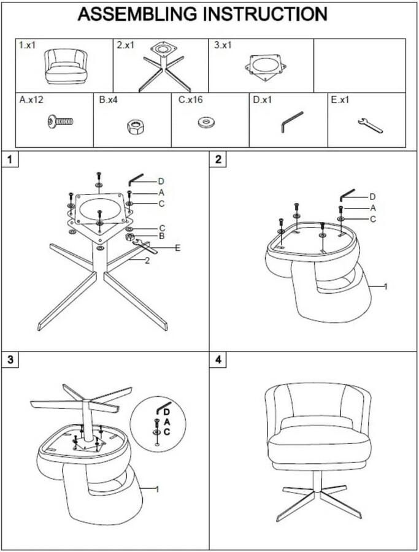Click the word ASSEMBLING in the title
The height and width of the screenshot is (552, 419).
point(137,14)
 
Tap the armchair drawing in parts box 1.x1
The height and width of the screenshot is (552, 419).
point(66,66)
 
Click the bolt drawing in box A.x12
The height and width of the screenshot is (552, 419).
point(60,122)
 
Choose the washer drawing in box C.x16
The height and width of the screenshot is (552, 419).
point(207,122)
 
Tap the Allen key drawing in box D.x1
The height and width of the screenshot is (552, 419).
point(291,122)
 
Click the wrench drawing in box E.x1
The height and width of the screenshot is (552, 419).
point(370,126)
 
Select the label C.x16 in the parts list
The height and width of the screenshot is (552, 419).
point(191,100)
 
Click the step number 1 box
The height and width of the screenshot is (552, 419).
point(10,159)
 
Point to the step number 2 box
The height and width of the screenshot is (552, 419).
point(218,159)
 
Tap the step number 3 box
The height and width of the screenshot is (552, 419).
point(10,360)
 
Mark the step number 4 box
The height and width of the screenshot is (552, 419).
point(218,360)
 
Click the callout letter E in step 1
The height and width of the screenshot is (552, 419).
point(177,248)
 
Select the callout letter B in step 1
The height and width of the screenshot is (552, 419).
point(161,236)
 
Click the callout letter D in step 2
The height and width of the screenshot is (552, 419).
point(372,197)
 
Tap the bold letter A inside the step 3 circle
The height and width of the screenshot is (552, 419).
point(167,422)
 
